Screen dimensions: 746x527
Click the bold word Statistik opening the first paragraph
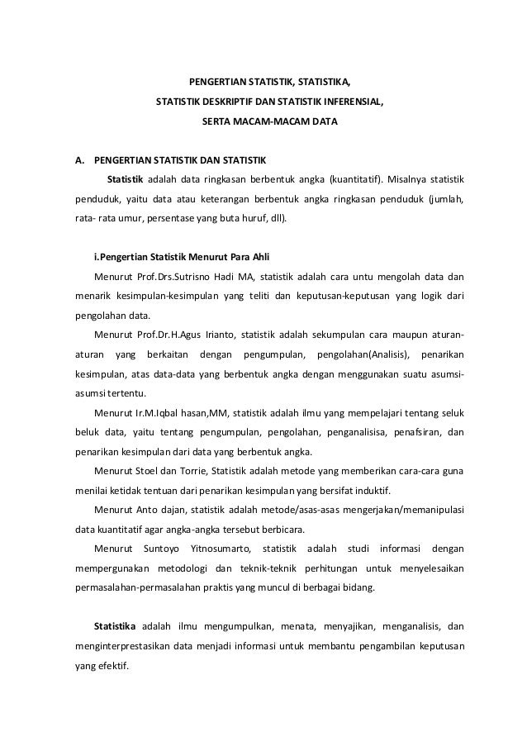pos(126,179)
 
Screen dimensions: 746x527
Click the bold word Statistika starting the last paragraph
pos(116,625)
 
